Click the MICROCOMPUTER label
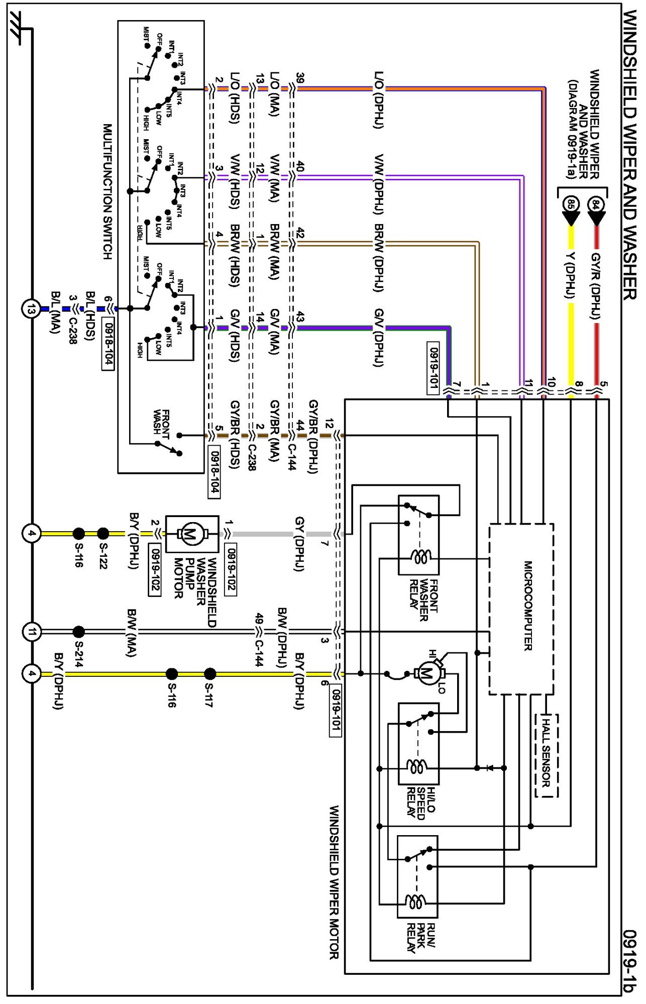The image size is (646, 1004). coord(528,606)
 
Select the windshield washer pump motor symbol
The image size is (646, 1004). coord(191,534)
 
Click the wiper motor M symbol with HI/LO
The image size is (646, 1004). coord(427,673)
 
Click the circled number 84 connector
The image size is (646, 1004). coord(596,205)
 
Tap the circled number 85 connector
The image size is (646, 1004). coord(571,205)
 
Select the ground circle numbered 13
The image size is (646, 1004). coord(31,309)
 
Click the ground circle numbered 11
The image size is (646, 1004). coord(31,632)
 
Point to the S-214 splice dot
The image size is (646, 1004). coord(79,632)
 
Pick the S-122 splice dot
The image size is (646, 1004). coord(103,533)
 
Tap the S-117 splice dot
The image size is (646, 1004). coord(210,674)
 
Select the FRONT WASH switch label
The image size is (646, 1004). coord(162,422)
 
